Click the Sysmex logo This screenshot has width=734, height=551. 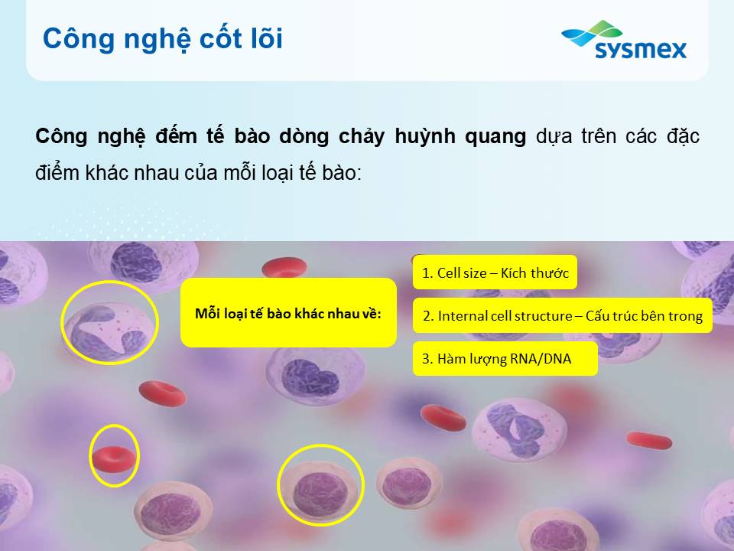pyautogui.click(x=624, y=40)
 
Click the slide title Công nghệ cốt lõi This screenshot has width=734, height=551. pyautogui.click(x=162, y=39)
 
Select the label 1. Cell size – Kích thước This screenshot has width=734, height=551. pyautogui.click(x=495, y=272)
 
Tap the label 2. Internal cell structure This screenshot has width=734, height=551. pyautogui.click(x=562, y=316)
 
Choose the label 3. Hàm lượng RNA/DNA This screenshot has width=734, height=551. pyautogui.click(x=505, y=359)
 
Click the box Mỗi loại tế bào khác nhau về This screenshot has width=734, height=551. pyautogui.click(x=288, y=312)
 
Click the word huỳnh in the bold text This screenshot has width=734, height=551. pyautogui.click(x=425, y=136)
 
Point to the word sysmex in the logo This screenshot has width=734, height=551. pyautogui.click(x=641, y=49)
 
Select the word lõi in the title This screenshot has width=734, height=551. pyautogui.click(x=267, y=37)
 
